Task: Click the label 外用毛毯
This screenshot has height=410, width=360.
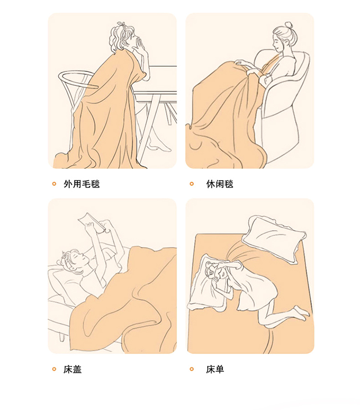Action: pyautogui.click(x=82, y=184)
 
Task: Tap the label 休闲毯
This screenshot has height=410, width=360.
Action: pyautogui.click(x=220, y=184)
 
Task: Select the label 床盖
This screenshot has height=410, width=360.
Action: pyautogui.click(x=72, y=369)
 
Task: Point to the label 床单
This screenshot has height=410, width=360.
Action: pyautogui.click(x=215, y=369)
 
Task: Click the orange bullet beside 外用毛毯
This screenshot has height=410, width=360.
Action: pyautogui.click(x=54, y=184)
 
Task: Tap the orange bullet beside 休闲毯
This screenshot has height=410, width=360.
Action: pyautogui.click(x=192, y=184)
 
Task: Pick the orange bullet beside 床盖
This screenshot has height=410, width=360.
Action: pyautogui.click(x=54, y=369)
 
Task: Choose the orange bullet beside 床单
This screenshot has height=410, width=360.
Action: pyautogui.click(x=192, y=369)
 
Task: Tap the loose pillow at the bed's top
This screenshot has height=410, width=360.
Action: pyautogui.click(x=274, y=239)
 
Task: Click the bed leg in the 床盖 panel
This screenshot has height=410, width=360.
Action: pyautogui.click(x=62, y=336)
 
